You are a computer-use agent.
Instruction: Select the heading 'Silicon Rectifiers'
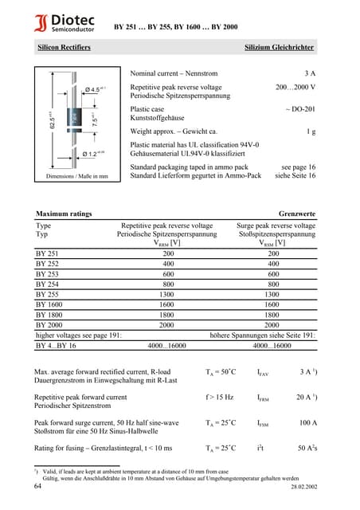pyautogui.click(x=64, y=48)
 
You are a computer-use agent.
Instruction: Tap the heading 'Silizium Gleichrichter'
pyautogui.click(x=280, y=48)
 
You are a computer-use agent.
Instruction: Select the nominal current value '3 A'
pyautogui.click(x=309, y=73)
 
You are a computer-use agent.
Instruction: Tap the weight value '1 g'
pyautogui.click(x=311, y=131)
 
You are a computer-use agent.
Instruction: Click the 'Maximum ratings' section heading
pyautogui.click(x=64, y=214)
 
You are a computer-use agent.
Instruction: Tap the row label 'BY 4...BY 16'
pyautogui.click(x=56, y=346)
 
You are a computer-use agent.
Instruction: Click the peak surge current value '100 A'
pyautogui.click(x=307, y=423)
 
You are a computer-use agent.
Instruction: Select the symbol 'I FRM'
pyautogui.click(x=263, y=397)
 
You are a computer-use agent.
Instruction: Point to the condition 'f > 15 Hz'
pyautogui.click(x=219, y=397)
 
